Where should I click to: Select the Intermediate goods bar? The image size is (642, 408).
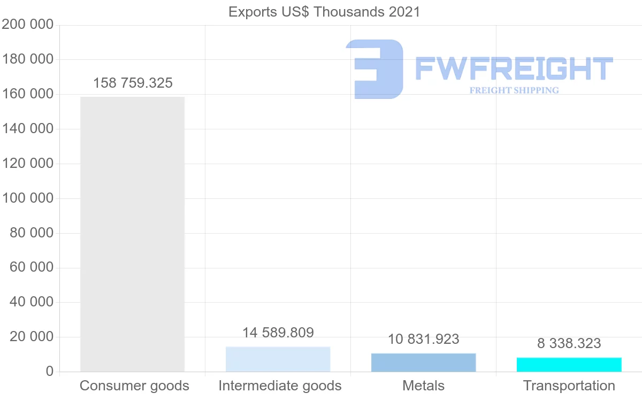pos(278,359)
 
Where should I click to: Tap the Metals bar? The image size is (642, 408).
pos(423,363)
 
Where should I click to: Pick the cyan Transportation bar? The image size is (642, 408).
pos(569,365)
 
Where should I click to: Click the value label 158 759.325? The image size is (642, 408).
pos(133,83)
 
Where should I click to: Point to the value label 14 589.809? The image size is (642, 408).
pos(278,333)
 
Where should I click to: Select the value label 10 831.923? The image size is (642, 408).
pos(423,339)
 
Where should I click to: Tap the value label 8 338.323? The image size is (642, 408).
pos(569,343)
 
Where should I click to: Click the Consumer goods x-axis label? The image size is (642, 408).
pos(134,386)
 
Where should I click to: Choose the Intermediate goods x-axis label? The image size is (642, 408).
pos(280,386)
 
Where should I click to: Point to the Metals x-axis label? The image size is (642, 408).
pos(423,386)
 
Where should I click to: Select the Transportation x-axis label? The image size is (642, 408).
pos(569,386)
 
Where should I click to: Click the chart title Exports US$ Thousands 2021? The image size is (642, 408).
pos(324,12)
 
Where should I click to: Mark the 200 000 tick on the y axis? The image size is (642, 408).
pos(28,25)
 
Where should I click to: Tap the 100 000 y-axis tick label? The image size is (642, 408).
pos(28,198)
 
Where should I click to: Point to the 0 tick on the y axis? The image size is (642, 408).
pos(50,372)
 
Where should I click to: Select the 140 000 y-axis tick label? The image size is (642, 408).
pos(28,129)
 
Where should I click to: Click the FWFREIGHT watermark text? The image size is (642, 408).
pos(514,68)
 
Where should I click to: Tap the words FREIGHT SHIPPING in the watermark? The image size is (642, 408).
pos(514,90)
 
